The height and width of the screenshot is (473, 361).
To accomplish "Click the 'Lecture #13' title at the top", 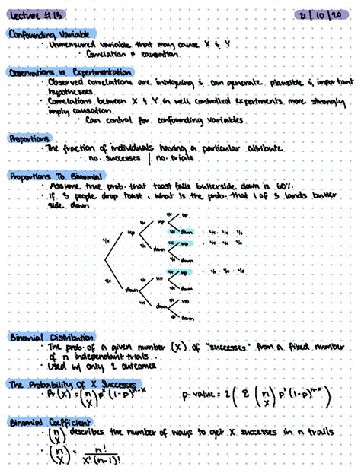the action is tap(28, 14).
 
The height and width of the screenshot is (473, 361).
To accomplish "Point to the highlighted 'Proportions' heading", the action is tap(29, 138).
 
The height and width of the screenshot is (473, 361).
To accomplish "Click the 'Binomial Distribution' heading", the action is tap(51, 336).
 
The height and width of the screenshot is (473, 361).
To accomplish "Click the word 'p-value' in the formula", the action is tap(198, 396).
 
